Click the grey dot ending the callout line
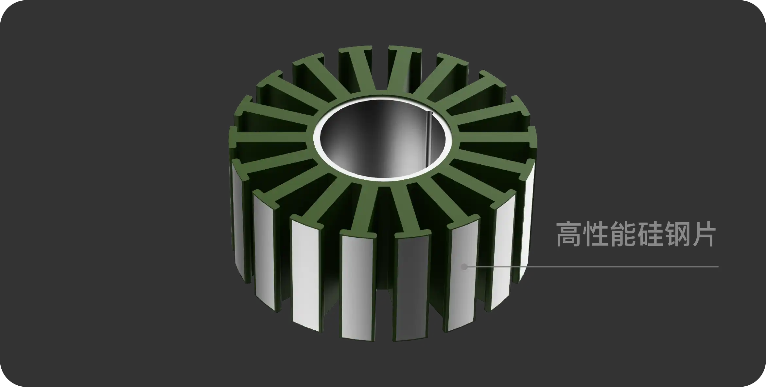point(464,267)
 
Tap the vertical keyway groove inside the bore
point(429,138)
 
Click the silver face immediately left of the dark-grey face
point(357,285)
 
